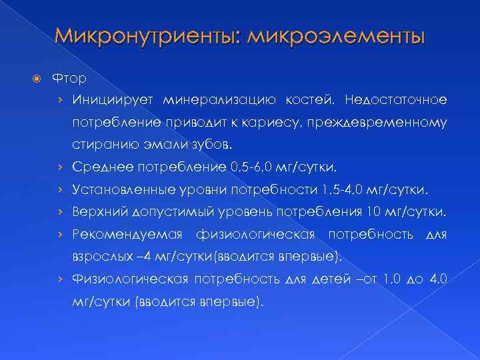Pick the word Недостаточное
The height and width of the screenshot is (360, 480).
pyautogui.click(x=396, y=100)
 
